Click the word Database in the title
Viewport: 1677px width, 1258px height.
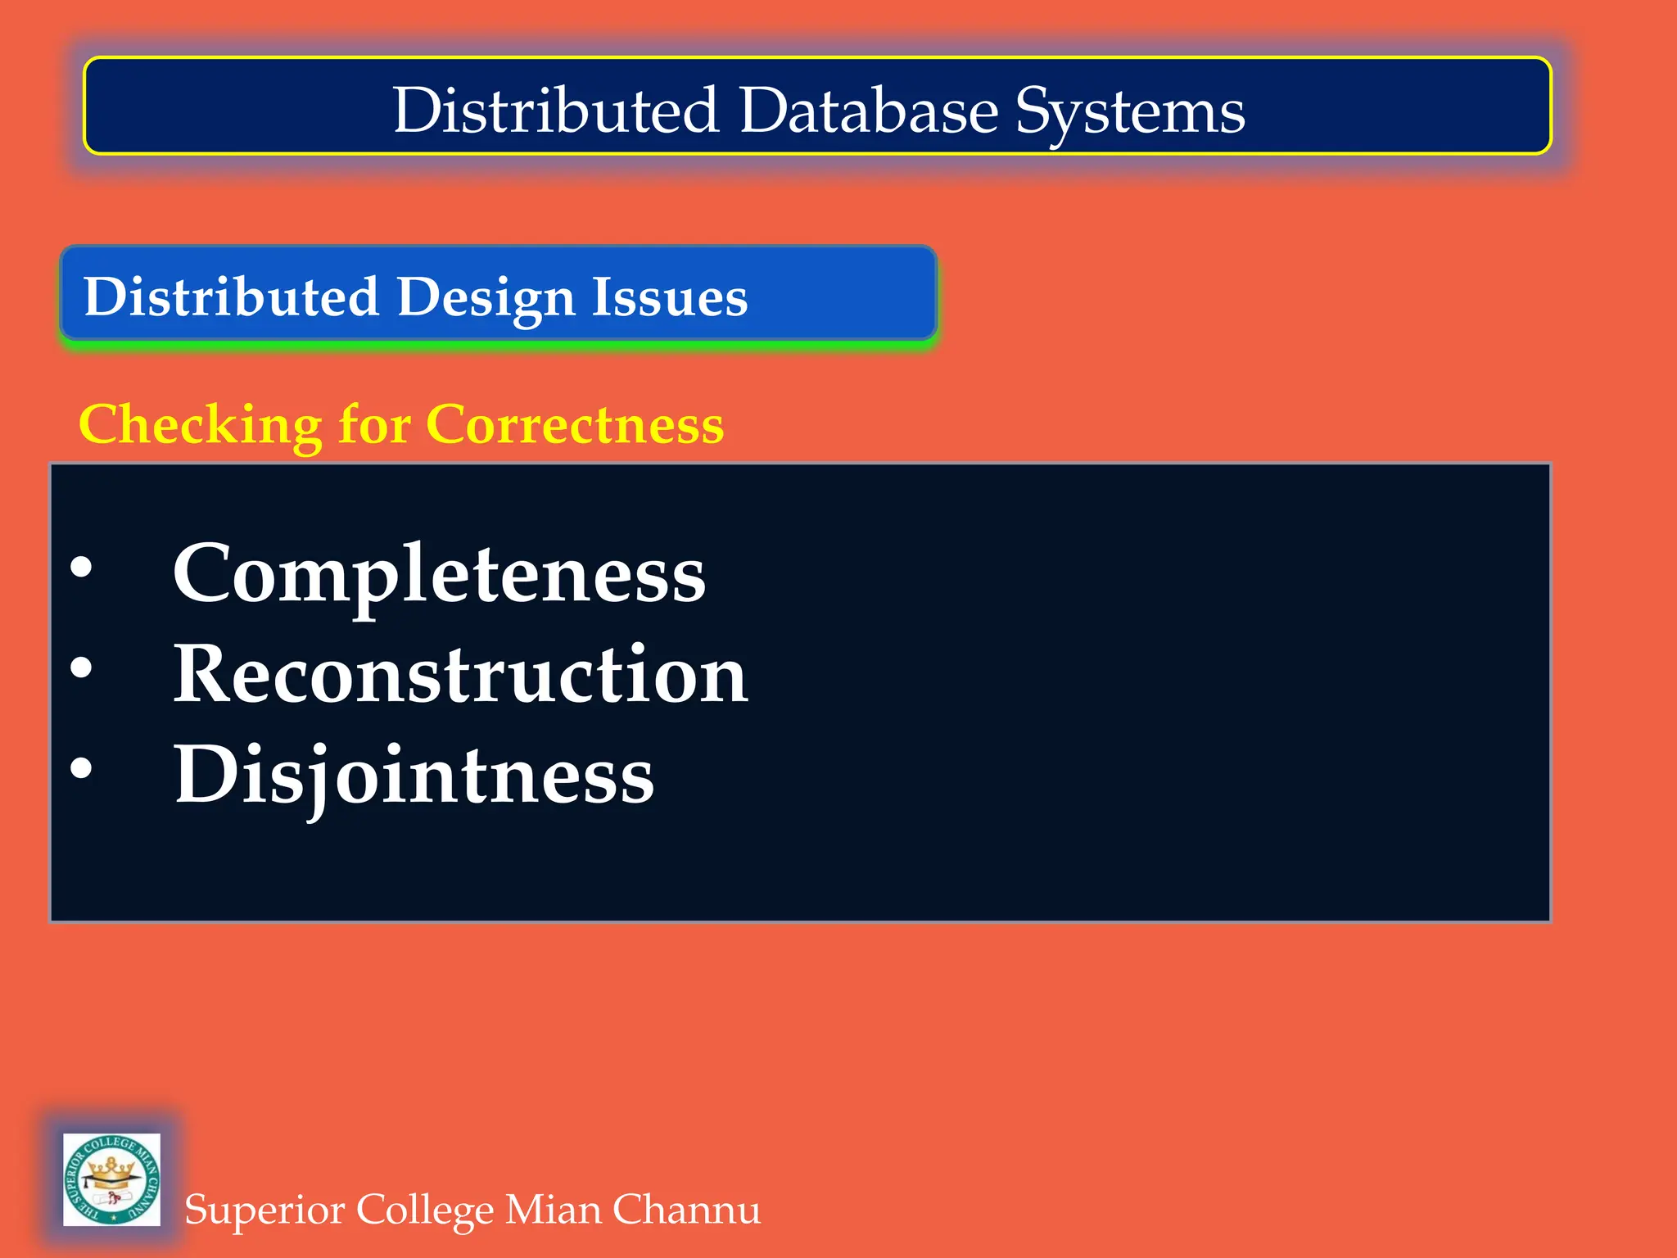click(x=868, y=111)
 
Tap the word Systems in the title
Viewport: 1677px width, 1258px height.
click(x=1130, y=112)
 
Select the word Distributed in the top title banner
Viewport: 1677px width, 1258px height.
click(x=556, y=111)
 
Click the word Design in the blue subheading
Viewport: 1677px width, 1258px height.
click(x=486, y=296)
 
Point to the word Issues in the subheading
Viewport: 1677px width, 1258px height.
click(x=669, y=296)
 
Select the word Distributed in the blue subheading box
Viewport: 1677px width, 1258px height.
click(x=231, y=296)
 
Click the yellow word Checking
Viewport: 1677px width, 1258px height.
click(x=200, y=425)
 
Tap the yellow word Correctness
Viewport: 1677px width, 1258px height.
click(x=575, y=425)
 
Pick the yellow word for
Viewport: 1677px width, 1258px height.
click(x=374, y=425)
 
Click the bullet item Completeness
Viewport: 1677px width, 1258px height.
click(x=439, y=574)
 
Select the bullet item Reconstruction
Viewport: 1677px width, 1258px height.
click(x=460, y=674)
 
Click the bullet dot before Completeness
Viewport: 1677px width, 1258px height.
click(x=81, y=568)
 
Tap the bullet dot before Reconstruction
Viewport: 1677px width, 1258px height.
click(x=81, y=667)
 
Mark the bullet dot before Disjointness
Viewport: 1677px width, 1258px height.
click(x=81, y=768)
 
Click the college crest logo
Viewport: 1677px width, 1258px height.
click(x=111, y=1179)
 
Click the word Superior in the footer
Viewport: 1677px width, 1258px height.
click(x=263, y=1210)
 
